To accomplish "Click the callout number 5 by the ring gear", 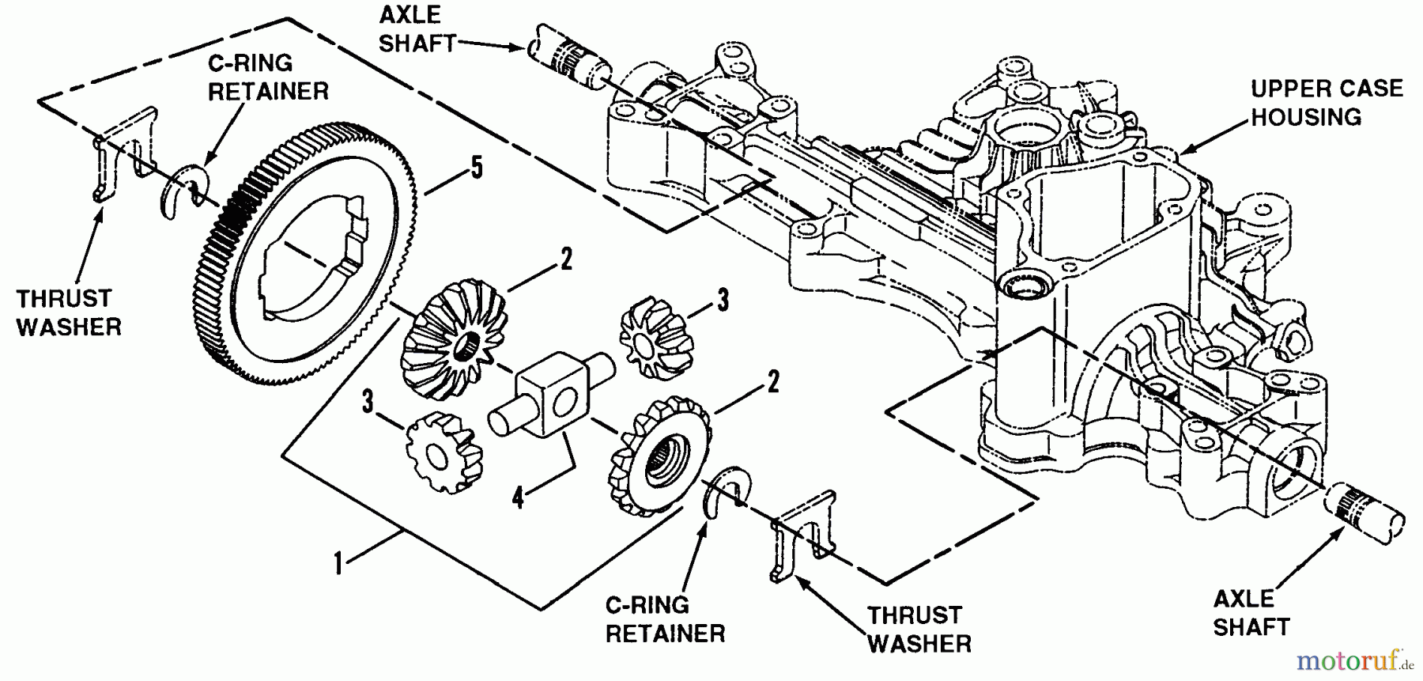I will coord(476,170).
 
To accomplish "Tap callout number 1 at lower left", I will coord(338,565).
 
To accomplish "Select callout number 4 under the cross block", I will coord(518,498).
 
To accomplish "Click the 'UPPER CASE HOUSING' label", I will coord(1326,103).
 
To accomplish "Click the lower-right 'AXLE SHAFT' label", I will coord(1251,612).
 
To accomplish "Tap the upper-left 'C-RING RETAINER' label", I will coord(268,78).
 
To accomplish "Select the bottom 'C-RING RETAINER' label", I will coord(664,619).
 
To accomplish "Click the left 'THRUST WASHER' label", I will coord(69,312).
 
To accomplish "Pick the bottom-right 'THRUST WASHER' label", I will coord(919,629).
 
